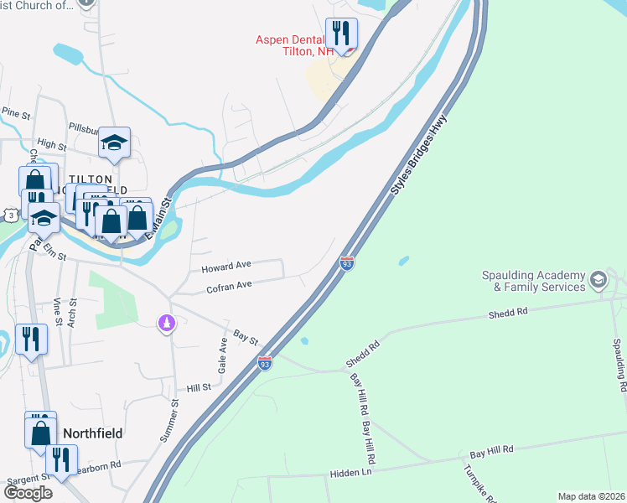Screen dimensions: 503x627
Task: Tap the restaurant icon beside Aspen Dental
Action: tap(341, 34)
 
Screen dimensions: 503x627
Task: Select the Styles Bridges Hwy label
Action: tap(418, 156)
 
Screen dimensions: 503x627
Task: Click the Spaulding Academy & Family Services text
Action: tap(533, 281)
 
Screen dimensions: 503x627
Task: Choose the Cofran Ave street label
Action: tap(229, 286)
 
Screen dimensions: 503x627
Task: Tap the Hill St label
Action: tap(199, 387)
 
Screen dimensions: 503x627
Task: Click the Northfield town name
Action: tap(93, 433)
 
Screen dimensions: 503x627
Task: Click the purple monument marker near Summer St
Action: tap(168, 322)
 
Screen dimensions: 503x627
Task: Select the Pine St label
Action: tap(15, 111)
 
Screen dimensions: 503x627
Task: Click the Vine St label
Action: tap(58, 310)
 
